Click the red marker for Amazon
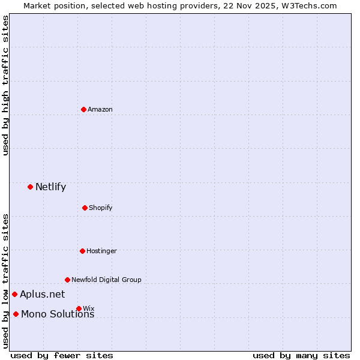84,109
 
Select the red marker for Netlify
30,187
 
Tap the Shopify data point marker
85,208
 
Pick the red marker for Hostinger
82,251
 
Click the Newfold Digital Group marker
67,280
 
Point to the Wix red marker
79,308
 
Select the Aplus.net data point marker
14,294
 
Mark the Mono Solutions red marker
16,314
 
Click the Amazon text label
100,109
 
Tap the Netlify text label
50,187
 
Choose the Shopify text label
101,208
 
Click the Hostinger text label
101,251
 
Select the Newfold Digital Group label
106,280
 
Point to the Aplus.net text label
42,294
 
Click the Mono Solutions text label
58,314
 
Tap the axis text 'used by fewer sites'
62,355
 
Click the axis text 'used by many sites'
301,355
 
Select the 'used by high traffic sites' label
5,85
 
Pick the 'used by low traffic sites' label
5,281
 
